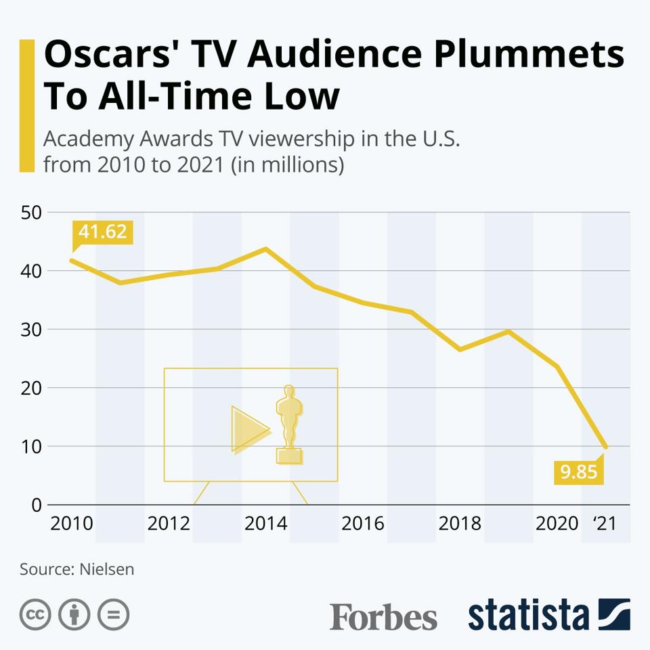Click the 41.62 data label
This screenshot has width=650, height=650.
click(x=102, y=232)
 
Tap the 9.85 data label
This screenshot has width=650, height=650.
click(x=579, y=471)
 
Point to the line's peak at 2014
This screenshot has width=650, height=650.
click(x=265, y=248)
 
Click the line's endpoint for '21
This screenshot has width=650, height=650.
click(x=605, y=446)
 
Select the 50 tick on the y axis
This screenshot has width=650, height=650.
click(x=32, y=213)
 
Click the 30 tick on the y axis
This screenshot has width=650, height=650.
click(x=32, y=330)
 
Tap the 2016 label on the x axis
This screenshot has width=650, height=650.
click(x=362, y=523)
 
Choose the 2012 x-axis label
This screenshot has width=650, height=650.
click(x=169, y=523)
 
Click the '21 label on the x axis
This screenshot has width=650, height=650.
click(x=604, y=523)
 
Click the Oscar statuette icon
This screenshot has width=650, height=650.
click(x=289, y=425)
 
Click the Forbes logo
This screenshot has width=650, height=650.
click(x=383, y=616)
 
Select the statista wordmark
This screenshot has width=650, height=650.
click(x=529, y=615)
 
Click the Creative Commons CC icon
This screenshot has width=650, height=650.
click(x=36, y=615)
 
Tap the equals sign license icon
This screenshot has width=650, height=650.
click(x=113, y=615)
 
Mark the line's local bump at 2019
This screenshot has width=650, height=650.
click(x=508, y=331)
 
